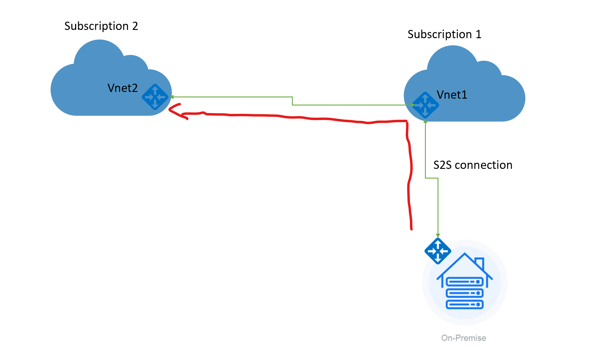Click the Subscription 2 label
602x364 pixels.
click(101, 26)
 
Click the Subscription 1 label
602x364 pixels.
click(444, 35)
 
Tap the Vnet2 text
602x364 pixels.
click(122, 88)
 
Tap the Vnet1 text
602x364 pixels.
click(452, 95)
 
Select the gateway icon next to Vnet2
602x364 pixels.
click(155, 97)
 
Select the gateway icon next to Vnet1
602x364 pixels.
click(425, 105)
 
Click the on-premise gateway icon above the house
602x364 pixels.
click(438, 251)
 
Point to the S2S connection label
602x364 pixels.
click(473, 165)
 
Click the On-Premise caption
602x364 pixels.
click(463, 338)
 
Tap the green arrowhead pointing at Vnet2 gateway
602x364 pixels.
click(172, 97)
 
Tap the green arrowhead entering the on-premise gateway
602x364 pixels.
click(438, 235)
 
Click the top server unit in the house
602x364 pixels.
click(465, 282)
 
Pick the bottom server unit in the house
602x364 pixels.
click(465, 304)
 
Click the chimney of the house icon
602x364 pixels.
click(480, 263)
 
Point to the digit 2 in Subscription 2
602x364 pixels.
click(135, 26)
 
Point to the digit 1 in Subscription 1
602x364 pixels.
click(478, 35)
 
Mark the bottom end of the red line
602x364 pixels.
click(411, 228)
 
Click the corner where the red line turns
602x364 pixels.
click(407, 122)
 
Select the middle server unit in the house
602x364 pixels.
click(465, 293)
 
